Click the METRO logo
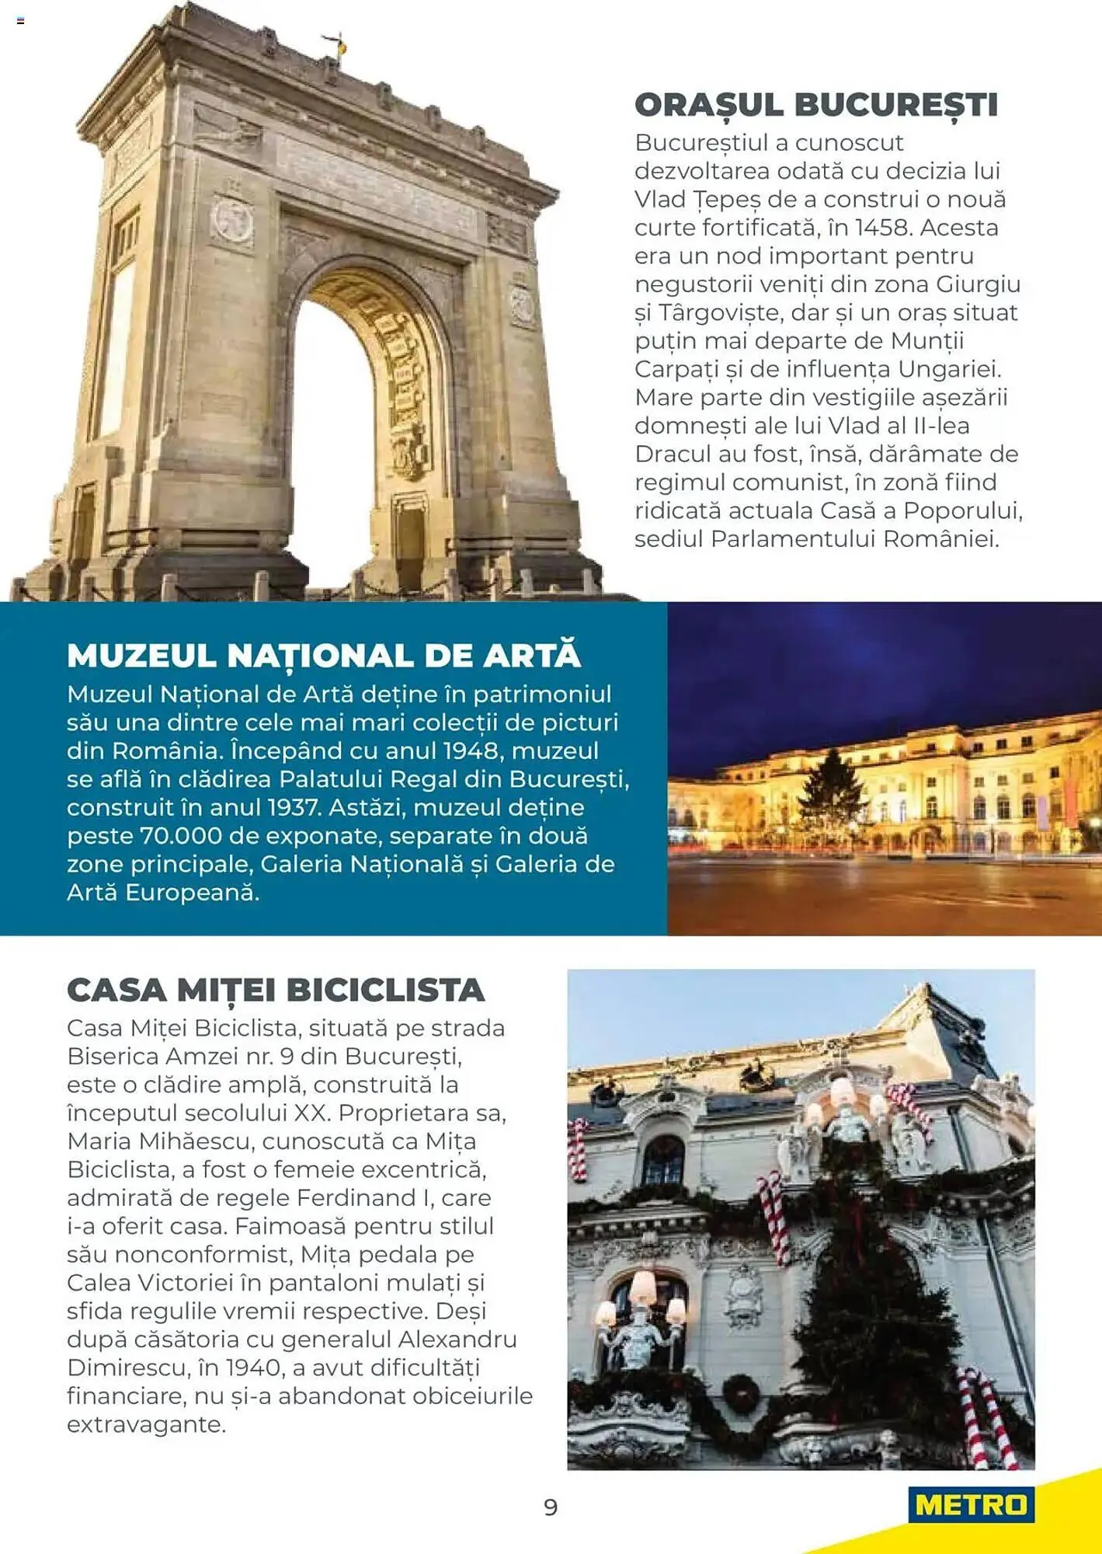(971, 1505)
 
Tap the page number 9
(551, 1507)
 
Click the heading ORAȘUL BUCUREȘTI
(815, 105)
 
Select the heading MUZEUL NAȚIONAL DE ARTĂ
(323, 655)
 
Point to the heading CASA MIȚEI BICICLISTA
(276, 990)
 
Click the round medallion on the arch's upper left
(232, 220)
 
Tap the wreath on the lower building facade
(741, 1391)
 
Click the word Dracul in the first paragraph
(672, 454)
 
